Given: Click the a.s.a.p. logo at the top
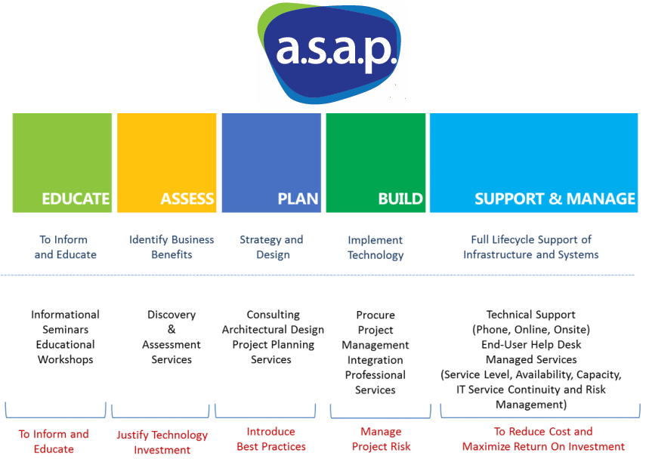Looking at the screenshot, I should (331, 54).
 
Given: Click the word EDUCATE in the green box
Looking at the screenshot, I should (76, 199).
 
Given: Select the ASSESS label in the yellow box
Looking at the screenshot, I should (187, 199).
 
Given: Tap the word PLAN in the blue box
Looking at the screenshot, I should (298, 199).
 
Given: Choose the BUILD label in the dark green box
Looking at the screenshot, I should (400, 199).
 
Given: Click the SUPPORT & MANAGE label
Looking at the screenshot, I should (555, 199).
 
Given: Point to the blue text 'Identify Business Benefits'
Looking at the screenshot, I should (172, 247).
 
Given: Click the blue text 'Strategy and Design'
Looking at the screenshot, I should (271, 247).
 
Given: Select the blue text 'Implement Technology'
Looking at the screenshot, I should (376, 247).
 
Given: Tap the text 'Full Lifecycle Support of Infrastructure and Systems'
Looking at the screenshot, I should (531, 247).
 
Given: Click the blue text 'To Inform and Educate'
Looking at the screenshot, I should (65, 247).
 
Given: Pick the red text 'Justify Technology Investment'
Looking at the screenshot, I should (162, 442).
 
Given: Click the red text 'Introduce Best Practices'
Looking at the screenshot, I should (271, 439).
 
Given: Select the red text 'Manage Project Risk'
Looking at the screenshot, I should (381, 439).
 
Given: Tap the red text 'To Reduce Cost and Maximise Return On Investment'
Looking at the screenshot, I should (543, 439).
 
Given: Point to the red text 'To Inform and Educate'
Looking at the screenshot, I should (54, 442).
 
